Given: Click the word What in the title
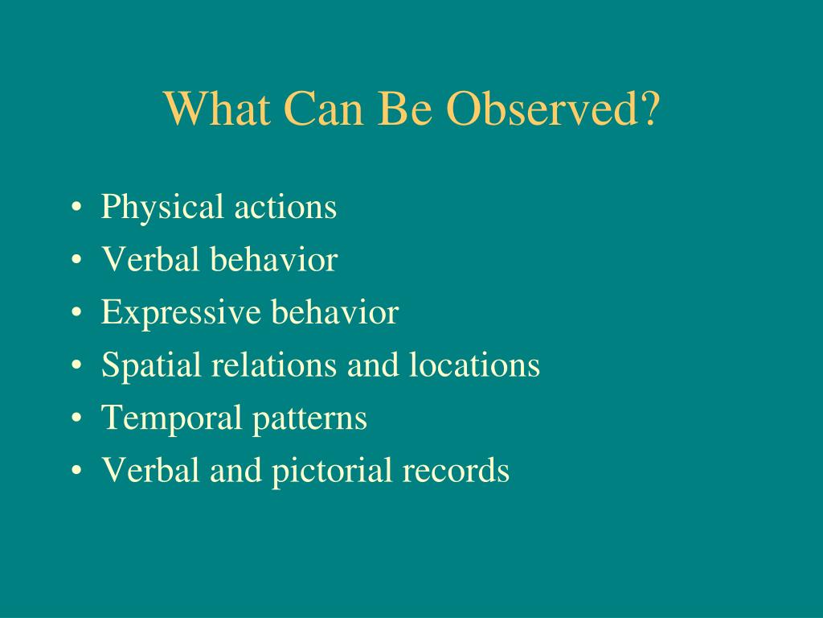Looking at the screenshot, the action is (217, 109).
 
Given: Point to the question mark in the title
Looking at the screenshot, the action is (649, 109).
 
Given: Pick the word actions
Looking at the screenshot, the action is (285, 208).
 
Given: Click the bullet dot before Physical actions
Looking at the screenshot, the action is (76, 207).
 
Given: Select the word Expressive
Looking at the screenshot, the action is (181, 313).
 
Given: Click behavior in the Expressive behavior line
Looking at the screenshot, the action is (335, 311).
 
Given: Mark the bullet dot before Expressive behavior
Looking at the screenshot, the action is (76, 312).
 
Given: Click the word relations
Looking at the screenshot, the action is (274, 365).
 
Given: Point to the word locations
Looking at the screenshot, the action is (474, 365).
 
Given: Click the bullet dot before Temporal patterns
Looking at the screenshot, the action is (76, 418).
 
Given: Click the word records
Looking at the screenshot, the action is (457, 469).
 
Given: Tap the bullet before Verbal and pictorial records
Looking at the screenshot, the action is (76, 470).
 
